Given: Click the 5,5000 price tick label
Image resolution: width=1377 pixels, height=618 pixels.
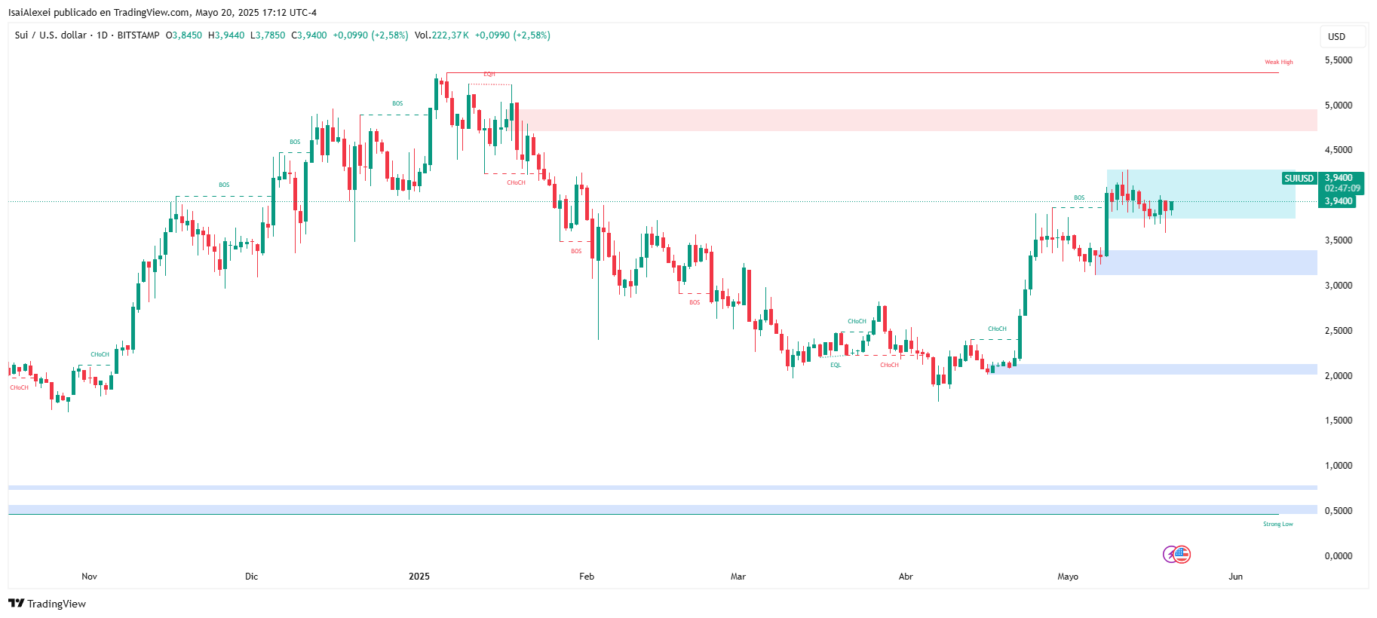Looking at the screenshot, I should (1338, 60).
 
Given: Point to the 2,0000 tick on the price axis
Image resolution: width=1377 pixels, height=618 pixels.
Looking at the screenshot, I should (1338, 375).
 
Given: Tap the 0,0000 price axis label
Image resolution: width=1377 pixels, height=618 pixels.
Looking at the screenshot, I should (1338, 555).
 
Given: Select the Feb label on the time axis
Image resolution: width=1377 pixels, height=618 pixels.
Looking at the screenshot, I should (587, 577).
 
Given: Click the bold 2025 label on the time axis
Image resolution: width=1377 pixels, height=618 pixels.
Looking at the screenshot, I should (419, 577).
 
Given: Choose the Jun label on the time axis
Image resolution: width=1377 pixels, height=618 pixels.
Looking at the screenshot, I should (1235, 577).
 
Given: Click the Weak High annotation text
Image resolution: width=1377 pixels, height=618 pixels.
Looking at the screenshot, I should (1278, 63).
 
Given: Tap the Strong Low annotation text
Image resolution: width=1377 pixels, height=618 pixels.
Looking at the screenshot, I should (1277, 524).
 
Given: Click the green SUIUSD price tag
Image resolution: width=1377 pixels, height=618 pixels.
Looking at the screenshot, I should (1299, 179).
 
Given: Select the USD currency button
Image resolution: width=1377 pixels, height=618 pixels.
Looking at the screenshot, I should (1336, 36).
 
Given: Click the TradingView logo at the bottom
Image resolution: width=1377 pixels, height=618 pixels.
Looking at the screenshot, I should (47, 604).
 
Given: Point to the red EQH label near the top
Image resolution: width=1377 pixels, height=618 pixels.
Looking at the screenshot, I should (489, 75).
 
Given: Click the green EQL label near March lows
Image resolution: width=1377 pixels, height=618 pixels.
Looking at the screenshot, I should (836, 366).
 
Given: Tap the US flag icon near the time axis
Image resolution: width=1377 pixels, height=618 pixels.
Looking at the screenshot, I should (1182, 555).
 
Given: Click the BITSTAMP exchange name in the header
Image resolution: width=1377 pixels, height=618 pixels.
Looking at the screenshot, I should (138, 35).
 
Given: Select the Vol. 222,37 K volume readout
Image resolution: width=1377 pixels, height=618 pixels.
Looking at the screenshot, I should (442, 35).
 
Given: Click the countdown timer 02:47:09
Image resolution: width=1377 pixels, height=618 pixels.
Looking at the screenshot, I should (1342, 188).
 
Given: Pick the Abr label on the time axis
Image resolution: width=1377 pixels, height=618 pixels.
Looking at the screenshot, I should (906, 577).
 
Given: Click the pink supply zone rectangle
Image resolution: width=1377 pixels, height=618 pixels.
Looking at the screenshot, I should (905, 120).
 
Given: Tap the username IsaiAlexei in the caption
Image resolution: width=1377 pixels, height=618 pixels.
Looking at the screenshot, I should (29, 13).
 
